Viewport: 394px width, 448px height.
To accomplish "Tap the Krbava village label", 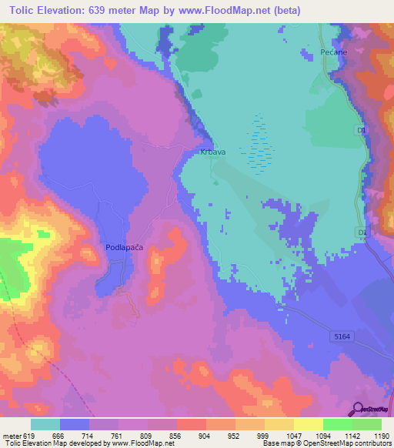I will click(x=212, y=152).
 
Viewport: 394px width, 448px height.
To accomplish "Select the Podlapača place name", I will click(x=124, y=248).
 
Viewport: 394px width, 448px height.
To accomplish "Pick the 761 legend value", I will click(x=118, y=435).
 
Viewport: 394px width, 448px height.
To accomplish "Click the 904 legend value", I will click(x=205, y=435).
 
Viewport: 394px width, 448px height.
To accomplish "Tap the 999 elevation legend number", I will click(x=264, y=435).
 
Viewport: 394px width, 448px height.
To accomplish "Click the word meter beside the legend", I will click(x=12, y=435).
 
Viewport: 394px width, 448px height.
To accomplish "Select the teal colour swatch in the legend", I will click(x=45, y=424).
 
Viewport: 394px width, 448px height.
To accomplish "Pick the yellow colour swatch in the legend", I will click(x=309, y=424).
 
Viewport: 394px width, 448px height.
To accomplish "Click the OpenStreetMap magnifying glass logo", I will click(x=358, y=408).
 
